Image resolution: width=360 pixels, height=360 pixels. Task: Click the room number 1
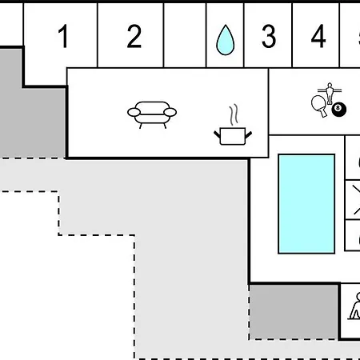(63, 36)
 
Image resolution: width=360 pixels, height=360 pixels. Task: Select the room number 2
(134, 36)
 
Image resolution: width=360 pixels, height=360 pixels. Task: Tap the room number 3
(269, 36)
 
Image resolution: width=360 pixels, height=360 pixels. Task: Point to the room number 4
(318, 36)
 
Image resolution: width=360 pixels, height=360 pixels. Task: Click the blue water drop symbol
(226, 40)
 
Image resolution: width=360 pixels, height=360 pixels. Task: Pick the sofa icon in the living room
(152, 114)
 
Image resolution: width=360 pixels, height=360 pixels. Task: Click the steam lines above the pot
(234, 114)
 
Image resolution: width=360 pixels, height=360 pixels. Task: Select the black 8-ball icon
(339, 109)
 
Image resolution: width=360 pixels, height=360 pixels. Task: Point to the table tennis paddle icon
(319, 106)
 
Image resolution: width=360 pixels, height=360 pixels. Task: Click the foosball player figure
(330, 94)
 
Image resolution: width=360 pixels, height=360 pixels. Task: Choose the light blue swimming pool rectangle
(306, 204)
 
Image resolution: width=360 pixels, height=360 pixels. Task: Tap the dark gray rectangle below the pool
(294, 312)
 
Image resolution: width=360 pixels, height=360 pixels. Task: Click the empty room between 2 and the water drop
(185, 35)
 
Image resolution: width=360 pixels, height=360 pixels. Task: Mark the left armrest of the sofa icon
(134, 112)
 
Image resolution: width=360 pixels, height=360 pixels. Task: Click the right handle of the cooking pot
(248, 135)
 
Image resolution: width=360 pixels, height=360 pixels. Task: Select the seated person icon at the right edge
(355, 306)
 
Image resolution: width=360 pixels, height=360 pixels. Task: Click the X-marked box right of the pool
(353, 200)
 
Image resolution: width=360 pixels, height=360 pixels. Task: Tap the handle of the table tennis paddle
(323, 113)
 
